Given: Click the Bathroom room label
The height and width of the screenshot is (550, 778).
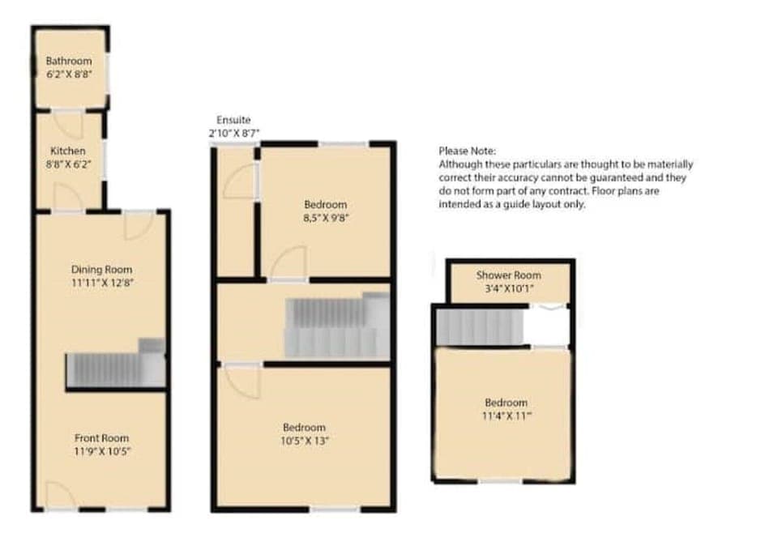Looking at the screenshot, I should [68, 61].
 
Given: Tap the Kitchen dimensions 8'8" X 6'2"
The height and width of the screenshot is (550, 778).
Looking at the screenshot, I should [68, 164].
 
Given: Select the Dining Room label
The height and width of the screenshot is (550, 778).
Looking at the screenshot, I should [101, 270].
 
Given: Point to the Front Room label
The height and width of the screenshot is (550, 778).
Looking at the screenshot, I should [101, 438].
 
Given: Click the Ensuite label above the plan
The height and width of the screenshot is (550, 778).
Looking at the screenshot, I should [233, 120].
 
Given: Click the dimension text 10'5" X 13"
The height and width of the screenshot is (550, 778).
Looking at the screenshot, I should [305, 441].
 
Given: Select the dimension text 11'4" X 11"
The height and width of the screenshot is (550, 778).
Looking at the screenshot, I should [506, 416].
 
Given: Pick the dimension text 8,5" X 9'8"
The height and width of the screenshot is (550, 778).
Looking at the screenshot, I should [326, 218].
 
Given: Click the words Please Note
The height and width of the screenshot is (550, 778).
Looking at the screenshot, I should [467, 151].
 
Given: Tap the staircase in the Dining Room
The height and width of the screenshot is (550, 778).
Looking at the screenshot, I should [113, 369].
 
